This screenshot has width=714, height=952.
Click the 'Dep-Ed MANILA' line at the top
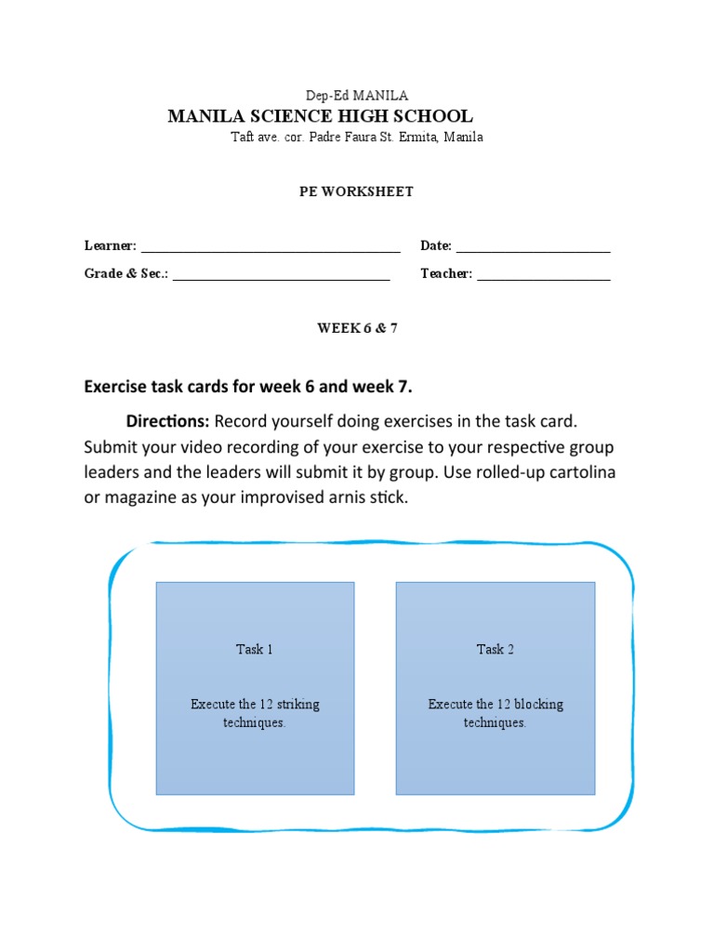[357, 96]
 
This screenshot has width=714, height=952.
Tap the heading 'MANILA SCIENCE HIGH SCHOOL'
[320, 116]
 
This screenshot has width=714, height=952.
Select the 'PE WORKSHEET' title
[357, 192]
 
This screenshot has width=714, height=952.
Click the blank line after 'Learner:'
[270, 247]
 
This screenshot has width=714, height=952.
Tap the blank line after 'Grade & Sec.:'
[281, 275]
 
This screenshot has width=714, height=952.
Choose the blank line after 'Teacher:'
[544, 275]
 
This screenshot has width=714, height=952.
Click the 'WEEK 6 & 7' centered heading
[357, 328]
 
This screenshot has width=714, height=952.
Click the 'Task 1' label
[255, 650]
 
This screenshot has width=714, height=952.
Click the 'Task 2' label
[496, 650]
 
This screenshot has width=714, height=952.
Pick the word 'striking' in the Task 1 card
[297, 704]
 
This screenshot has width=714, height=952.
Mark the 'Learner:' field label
[111, 246]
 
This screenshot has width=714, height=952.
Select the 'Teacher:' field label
[446, 273]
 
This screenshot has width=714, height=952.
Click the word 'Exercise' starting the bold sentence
[118, 386]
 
